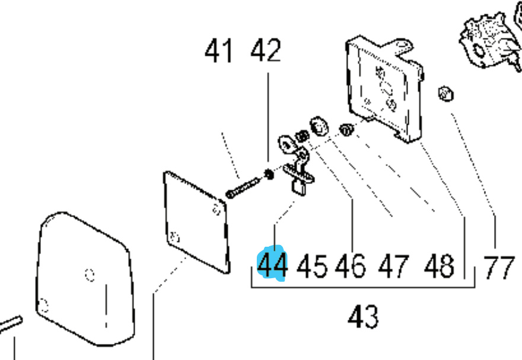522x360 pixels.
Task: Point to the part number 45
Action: (312, 266)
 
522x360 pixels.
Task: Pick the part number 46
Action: (351, 266)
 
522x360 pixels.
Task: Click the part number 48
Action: (439, 266)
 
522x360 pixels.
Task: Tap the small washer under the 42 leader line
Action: (269, 174)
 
